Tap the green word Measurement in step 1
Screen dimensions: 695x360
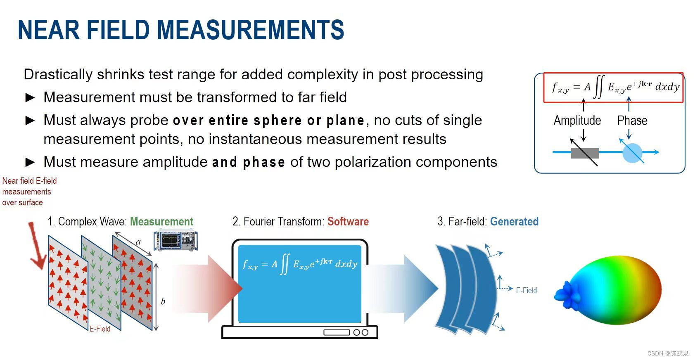click(x=161, y=222)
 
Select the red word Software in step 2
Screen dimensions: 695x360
click(x=348, y=222)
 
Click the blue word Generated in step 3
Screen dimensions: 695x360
click(x=514, y=222)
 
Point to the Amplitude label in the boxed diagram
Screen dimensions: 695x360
click(x=577, y=121)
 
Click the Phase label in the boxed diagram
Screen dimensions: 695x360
click(x=632, y=121)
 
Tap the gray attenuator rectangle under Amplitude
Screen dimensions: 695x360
click(x=585, y=153)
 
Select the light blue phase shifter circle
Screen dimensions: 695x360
click(x=632, y=152)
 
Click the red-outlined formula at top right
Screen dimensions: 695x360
click(x=613, y=87)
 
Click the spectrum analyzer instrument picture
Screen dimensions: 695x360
click(x=175, y=241)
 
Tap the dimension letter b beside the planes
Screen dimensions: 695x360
click(x=163, y=301)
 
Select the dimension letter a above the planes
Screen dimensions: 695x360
click(x=138, y=242)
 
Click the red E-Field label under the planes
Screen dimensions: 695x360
click(x=100, y=329)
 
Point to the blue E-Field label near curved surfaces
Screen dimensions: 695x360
click(x=526, y=290)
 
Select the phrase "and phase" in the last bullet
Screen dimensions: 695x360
click(x=248, y=162)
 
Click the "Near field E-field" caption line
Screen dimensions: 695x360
click(x=29, y=181)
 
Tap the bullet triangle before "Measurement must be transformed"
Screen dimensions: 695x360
click(x=30, y=98)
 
